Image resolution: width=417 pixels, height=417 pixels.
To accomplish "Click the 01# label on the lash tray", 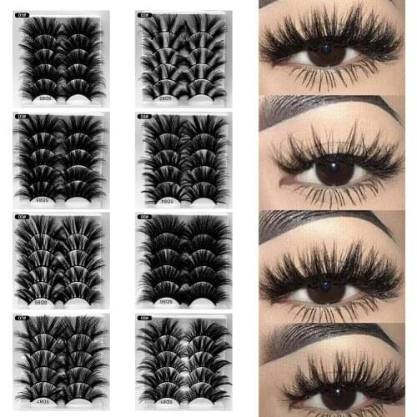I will pyautogui.click(x=23, y=13).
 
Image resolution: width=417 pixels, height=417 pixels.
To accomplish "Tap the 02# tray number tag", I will pyautogui.click(x=144, y=13).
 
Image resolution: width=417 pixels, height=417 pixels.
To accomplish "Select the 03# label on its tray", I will pyautogui.click(x=23, y=115).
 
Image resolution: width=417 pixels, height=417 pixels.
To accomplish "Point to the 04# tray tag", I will pyautogui.click(x=144, y=115).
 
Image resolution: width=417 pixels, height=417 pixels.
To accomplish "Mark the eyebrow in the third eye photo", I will pyautogui.click(x=334, y=224).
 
